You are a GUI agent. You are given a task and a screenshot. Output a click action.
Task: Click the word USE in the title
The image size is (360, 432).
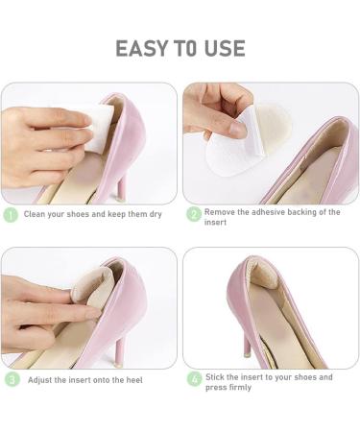tap(224, 48)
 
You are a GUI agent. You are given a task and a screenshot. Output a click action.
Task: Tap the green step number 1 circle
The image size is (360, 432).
tap(12, 214)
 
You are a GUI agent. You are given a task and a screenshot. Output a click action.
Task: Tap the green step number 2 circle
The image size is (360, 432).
tap(193, 214)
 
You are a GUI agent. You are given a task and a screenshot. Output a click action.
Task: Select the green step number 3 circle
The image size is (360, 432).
tap(12, 379)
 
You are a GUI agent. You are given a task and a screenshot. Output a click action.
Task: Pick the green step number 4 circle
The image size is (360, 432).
tap(193, 380)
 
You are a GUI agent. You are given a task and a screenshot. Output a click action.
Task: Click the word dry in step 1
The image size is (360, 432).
tap(154, 214)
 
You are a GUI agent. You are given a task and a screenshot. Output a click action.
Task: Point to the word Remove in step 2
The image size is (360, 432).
tap(222, 211)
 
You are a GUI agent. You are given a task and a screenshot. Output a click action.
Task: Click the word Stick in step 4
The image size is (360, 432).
tap(215, 376)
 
